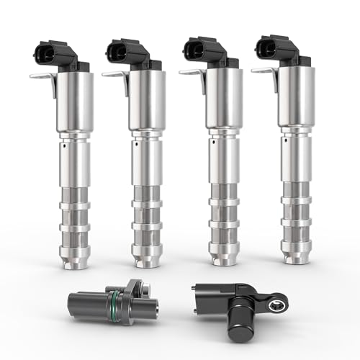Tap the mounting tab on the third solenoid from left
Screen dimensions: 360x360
point(188,71)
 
